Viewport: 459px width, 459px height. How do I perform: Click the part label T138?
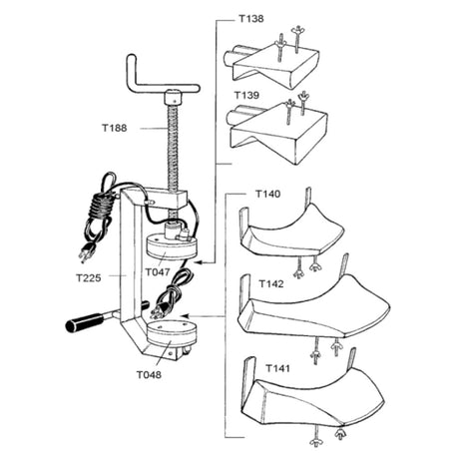251,19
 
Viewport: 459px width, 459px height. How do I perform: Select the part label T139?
246,95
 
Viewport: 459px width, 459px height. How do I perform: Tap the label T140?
267,194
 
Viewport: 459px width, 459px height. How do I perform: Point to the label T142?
271,283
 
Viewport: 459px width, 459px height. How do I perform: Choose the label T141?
277,368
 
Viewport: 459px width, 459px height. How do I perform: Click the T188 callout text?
114,128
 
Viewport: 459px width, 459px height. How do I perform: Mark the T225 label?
88,277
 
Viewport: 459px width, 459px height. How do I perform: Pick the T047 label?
158,272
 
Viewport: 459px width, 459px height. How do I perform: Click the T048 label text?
149,375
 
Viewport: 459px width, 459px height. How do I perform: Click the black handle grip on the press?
84,321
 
